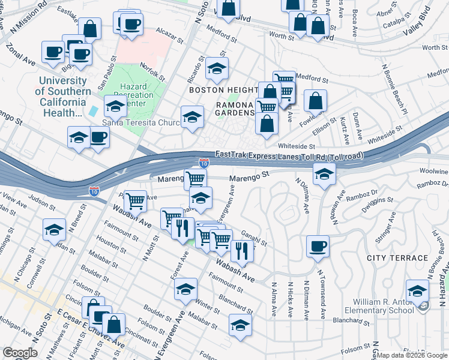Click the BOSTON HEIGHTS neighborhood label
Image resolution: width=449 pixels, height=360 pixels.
pyautogui.click(x=223, y=90)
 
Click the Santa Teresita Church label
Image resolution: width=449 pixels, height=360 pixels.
pyautogui.click(x=141, y=123)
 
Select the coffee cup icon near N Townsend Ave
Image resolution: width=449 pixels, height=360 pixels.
pyautogui.click(x=318, y=245)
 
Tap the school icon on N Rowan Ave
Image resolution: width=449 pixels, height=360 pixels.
pyautogui.click(x=324, y=175)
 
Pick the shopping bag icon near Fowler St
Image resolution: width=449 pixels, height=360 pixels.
pyautogui.click(x=315, y=101)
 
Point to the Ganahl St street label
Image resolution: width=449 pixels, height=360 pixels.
pyautogui.click(x=254, y=238)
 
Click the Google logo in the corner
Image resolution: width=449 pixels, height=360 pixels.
pyautogui.click(x=20, y=353)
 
